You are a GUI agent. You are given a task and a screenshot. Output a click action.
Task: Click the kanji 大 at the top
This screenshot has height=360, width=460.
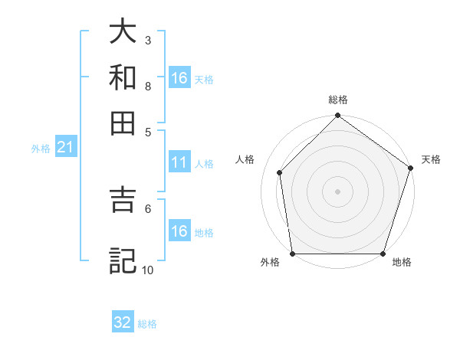[123, 32]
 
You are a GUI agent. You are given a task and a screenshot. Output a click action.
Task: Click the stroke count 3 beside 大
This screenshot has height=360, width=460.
[148, 40]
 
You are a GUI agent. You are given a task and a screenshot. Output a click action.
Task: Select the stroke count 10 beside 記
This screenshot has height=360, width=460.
[148, 270]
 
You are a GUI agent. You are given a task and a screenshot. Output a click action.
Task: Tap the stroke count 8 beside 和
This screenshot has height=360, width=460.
[148, 86]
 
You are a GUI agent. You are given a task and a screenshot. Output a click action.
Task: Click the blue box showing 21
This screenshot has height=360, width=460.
[65, 148]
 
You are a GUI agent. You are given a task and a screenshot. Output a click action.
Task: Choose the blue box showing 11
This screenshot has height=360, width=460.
[179, 162]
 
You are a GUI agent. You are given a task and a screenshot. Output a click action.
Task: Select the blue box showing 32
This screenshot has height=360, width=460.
[123, 322]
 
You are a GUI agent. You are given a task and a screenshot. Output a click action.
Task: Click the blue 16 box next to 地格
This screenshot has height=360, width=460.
[179, 231]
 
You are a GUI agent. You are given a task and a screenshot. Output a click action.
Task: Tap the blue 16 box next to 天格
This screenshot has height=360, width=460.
[179, 78]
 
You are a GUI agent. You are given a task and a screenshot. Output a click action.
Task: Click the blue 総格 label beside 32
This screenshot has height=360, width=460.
[147, 324]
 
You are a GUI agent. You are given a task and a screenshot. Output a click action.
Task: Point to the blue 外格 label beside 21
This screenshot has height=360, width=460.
[41, 149]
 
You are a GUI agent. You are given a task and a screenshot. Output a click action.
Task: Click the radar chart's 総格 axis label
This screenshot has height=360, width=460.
[337, 100]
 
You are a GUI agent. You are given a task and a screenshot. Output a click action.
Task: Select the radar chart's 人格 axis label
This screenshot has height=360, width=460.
[245, 159]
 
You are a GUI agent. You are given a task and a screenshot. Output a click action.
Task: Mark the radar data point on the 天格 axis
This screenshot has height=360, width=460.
[410, 169]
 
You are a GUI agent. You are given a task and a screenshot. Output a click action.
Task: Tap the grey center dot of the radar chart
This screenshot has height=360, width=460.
[337, 191]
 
